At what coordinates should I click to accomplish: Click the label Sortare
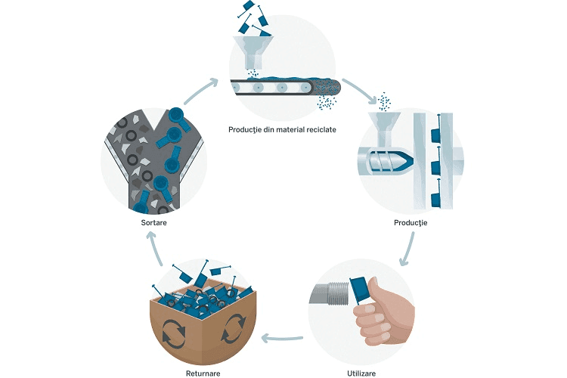[x=153, y=222]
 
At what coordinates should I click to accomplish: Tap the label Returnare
[x=203, y=373]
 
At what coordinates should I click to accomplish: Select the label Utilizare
[x=361, y=373]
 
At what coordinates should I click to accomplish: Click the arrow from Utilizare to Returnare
[x=282, y=339]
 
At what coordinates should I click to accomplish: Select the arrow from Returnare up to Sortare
[x=156, y=249]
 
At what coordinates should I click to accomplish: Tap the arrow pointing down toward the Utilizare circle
[x=408, y=249]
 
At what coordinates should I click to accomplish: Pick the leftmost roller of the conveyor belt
[x=237, y=87]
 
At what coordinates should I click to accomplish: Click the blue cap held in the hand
[x=359, y=289]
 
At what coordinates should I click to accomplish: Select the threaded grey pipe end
[x=330, y=293]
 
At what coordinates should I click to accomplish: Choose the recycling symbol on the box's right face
[x=234, y=328]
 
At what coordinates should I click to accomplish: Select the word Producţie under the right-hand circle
[x=411, y=223]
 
